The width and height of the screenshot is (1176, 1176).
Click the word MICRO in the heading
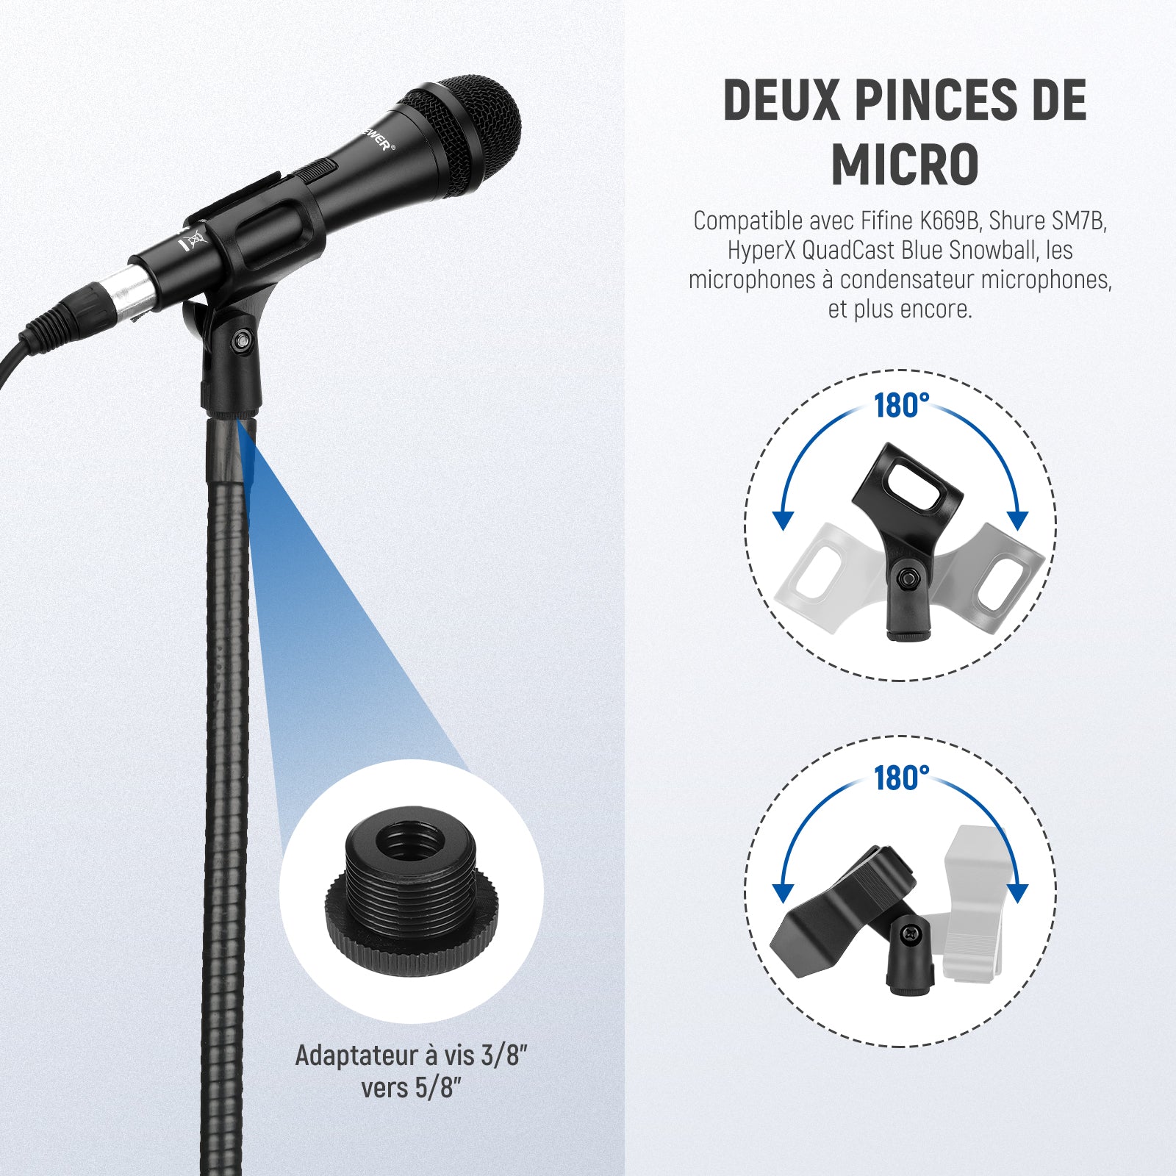[x=905, y=165]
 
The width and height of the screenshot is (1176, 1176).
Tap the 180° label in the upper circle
[x=901, y=406]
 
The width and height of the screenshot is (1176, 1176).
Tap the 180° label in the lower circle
[x=901, y=778]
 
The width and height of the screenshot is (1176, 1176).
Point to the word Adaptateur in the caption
[x=356, y=1055]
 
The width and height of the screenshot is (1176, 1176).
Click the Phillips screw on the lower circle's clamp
[x=911, y=933]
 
